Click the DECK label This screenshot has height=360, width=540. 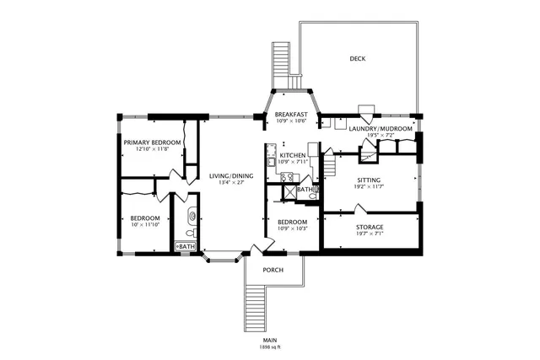coord(359,58)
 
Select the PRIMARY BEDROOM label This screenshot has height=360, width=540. coord(152,142)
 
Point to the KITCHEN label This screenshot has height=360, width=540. coord(293,156)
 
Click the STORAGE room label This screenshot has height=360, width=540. coord(370,227)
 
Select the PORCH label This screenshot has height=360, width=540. coord(273,270)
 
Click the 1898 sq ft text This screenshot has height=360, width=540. coord(269,347)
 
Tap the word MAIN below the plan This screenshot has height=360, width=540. coord(269,340)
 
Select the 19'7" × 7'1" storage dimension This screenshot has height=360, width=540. coord(370,234)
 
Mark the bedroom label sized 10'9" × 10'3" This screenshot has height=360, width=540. coord(292,222)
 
